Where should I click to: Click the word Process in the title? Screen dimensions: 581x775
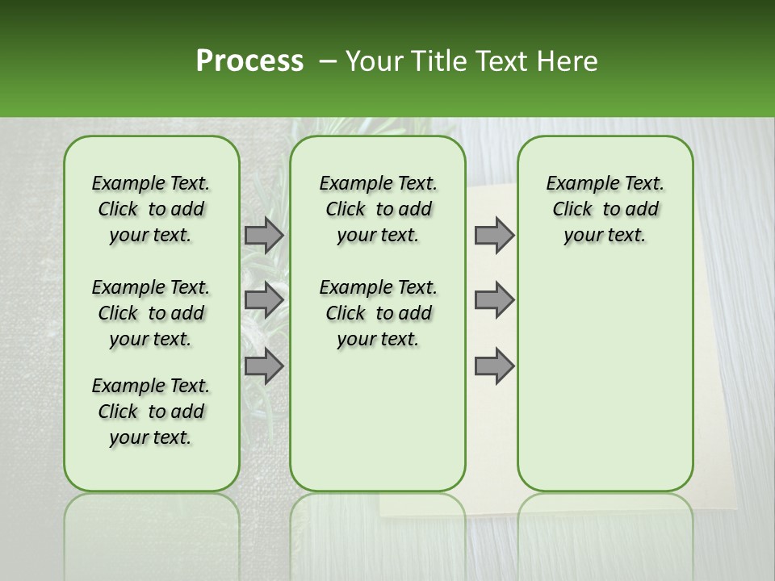[249, 61]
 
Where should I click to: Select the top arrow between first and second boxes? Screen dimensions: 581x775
[264, 235]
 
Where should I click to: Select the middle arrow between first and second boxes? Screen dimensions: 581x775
[264, 300]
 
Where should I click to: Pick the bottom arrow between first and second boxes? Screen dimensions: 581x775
[264, 366]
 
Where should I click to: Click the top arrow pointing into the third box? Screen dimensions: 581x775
[494, 235]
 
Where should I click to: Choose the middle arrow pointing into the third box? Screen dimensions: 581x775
[494, 300]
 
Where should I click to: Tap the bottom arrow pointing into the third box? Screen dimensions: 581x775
[494, 366]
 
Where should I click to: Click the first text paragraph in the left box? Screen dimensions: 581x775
[151, 209]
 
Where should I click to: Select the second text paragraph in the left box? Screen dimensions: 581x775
[151, 313]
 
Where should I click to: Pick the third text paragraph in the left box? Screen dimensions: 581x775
[151, 412]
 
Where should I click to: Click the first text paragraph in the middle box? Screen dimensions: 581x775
[378, 209]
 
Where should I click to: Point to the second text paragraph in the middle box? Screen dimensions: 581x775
[378, 313]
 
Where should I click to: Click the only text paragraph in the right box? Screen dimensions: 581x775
[605, 209]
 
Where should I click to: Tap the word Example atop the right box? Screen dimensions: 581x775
[575, 184]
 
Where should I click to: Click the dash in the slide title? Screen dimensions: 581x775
[328, 61]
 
